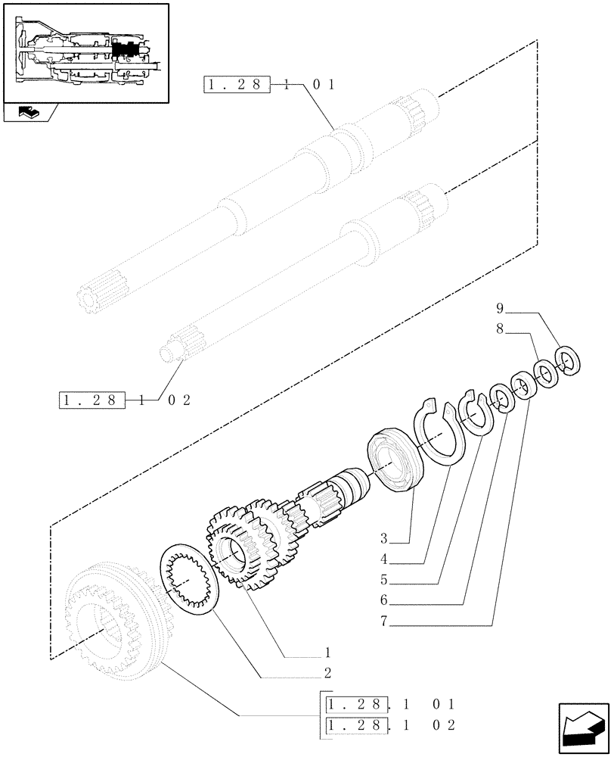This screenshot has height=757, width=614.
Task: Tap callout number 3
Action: point(384,540)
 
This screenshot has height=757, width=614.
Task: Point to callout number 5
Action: point(384,581)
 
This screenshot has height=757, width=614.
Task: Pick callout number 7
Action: point(384,622)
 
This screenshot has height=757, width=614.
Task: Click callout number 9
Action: point(500,308)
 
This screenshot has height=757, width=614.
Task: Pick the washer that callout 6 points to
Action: point(501,397)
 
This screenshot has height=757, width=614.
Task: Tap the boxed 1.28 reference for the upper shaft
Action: point(236,85)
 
